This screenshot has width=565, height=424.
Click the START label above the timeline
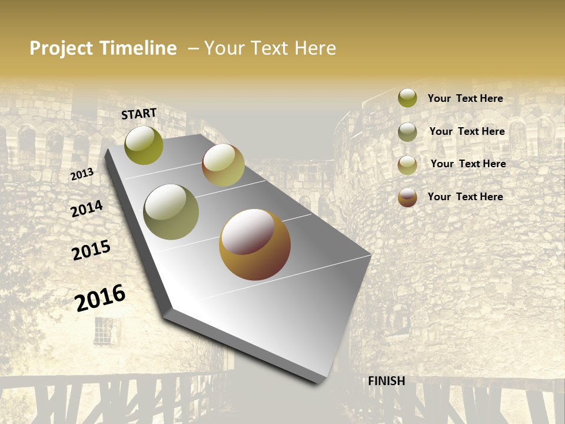click(x=139, y=113)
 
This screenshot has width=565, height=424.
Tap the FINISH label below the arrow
click(x=387, y=381)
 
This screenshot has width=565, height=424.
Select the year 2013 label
click(x=82, y=174)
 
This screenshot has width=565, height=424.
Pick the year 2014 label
click(x=87, y=208)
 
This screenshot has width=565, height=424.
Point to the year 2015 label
click(x=91, y=250)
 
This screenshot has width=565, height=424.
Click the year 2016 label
click(x=100, y=297)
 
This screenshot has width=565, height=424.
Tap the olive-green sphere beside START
click(x=144, y=145)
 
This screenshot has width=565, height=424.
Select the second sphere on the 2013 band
click(x=223, y=165)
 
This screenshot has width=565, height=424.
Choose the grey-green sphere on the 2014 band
click(x=171, y=212)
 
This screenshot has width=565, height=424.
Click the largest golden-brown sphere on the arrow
click(x=255, y=244)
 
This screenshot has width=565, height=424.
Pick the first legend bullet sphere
click(x=407, y=98)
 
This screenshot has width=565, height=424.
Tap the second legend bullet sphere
click(x=407, y=132)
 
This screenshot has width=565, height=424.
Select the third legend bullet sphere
click(x=407, y=165)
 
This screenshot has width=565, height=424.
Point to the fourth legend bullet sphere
click(x=407, y=197)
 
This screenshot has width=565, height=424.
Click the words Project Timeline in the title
click(x=103, y=48)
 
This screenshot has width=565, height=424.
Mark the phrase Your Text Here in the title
click(x=270, y=48)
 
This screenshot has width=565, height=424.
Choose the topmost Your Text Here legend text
click(x=465, y=98)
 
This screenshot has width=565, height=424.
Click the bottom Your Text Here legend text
click(x=465, y=197)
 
